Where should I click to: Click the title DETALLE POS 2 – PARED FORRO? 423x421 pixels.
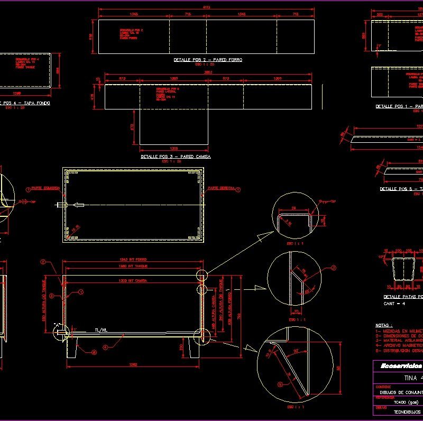click(207, 60)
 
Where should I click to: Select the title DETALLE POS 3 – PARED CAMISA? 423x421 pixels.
click(176, 157)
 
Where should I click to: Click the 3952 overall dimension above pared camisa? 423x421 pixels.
click(208, 71)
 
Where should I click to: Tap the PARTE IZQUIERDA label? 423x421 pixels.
click(44, 188)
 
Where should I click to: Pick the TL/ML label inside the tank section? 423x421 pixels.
click(102, 329)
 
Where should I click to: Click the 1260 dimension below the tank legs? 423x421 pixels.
click(133, 364)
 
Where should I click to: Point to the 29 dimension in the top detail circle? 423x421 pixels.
click(293, 208)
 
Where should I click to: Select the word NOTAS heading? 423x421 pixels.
click(383, 325)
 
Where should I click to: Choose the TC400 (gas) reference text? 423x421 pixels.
click(406, 401)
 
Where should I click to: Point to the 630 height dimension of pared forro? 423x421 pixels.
click(90, 37)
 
